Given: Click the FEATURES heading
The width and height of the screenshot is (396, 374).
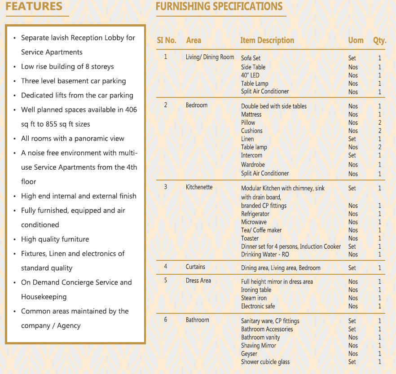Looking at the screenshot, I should [34, 7].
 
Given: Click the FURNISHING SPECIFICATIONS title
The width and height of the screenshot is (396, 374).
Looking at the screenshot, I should [219, 7].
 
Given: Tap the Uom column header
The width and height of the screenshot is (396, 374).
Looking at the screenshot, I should [356, 40].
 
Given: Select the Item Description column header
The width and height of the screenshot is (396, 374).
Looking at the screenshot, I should [267, 40].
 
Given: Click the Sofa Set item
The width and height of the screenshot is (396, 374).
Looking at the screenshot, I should [251, 58].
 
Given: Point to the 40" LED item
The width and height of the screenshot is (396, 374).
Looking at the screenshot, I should [250, 75].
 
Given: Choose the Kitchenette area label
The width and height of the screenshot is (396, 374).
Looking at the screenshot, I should [199, 187].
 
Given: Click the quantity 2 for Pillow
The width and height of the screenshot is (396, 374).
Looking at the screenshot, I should [379, 123].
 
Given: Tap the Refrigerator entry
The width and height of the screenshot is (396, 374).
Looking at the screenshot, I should [255, 214].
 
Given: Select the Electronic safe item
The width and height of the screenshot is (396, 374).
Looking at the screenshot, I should [259, 306].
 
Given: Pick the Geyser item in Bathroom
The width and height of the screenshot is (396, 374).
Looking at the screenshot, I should [249, 354].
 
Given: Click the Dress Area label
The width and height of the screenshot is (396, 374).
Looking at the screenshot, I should [198, 281].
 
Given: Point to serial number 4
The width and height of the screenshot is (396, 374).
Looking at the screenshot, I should [166, 267].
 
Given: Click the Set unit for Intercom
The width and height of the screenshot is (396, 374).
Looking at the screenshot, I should [352, 155].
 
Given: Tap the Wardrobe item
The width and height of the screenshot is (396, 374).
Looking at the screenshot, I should [253, 165].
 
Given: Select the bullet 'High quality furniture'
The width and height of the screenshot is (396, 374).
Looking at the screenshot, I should [55, 239].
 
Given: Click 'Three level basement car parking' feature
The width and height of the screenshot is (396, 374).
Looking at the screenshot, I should [73, 81].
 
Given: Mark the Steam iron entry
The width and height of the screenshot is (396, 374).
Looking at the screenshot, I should [254, 298].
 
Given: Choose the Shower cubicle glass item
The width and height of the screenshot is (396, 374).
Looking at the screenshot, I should [265, 362].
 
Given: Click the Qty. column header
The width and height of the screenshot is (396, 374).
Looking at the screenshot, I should [379, 40].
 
